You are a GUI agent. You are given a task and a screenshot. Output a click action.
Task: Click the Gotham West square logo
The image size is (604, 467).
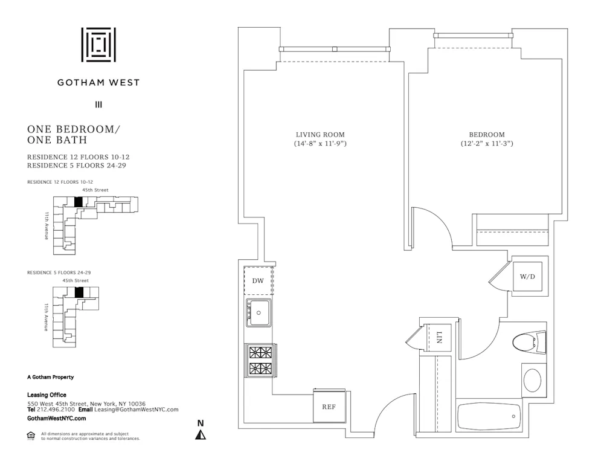[x=98, y=45]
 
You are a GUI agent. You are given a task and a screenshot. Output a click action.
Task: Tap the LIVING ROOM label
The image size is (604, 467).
[x=320, y=135]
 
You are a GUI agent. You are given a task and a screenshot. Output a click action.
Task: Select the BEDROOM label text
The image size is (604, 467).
[x=486, y=135]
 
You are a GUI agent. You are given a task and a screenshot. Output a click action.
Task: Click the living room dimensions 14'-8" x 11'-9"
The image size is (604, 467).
[x=320, y=144]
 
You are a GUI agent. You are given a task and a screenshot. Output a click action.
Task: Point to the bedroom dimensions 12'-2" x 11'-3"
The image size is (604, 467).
[x=486, y=144]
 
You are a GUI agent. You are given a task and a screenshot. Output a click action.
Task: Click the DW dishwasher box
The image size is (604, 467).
[x=259, y=280]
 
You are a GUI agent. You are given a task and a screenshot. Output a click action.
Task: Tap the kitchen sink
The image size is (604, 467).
[x=259, y=312]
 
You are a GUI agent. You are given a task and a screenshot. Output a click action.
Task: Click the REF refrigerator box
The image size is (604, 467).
[x=329, y=407]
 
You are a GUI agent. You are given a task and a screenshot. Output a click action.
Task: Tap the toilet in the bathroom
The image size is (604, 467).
[x=529, y=343]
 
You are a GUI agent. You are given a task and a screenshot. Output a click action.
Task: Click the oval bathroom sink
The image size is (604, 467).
[x=533, y=381]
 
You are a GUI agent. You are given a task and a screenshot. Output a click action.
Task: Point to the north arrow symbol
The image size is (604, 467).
[x=201, y=433]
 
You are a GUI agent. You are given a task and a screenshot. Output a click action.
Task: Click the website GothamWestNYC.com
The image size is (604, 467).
[x=57, y=418]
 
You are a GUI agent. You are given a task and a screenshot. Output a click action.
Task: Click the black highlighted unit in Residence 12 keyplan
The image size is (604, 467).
[x=77, y=202]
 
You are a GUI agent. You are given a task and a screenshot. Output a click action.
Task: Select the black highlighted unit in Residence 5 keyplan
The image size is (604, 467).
[x=78, y=292]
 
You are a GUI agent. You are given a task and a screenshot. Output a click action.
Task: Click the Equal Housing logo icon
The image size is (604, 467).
[x=31, y=435]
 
